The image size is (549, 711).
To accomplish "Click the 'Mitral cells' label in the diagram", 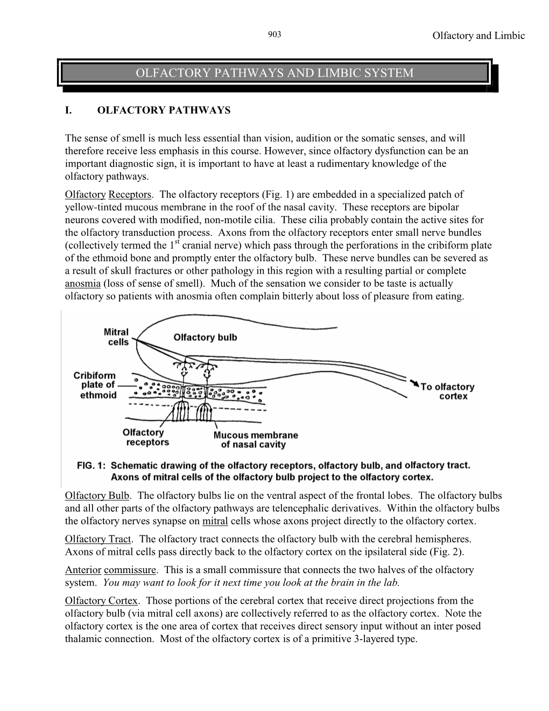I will point(116,337).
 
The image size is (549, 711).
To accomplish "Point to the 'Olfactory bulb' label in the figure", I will point(205,338).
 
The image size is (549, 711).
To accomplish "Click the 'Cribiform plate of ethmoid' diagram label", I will point(95,385).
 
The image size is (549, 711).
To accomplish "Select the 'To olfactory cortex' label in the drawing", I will point(447,391).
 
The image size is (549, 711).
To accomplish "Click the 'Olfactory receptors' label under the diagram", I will point(145,437).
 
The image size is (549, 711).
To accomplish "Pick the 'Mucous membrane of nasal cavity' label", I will point(256,440).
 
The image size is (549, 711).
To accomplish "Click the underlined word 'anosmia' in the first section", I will point(82,284).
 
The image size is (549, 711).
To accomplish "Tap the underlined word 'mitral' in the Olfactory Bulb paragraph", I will point(215,521).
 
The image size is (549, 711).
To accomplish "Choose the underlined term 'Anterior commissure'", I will point(111,570).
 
